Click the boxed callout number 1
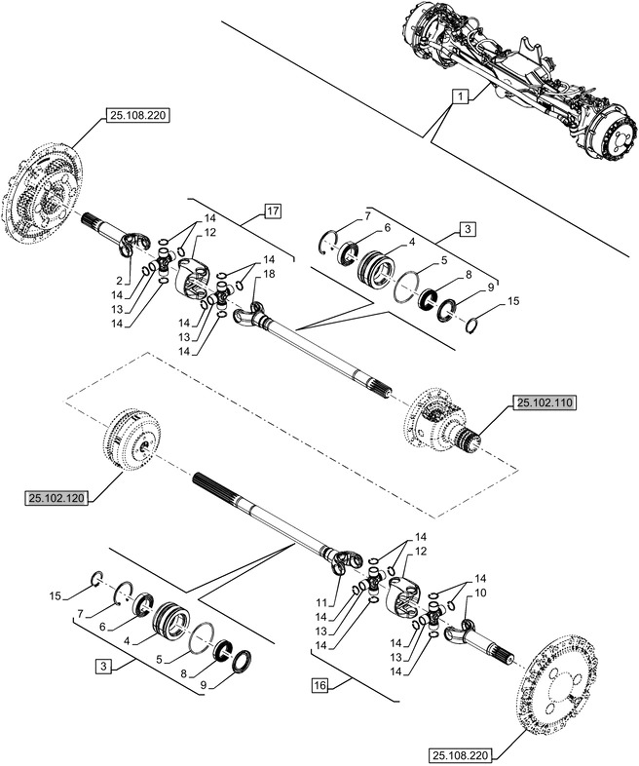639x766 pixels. tap(459, 96)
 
